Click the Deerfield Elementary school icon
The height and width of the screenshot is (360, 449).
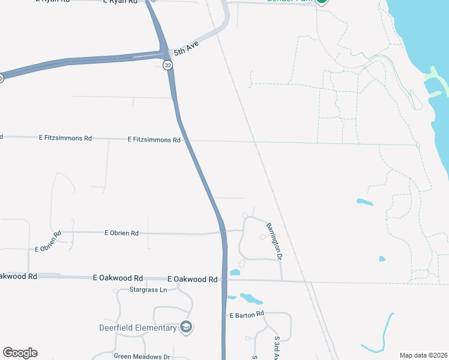coord(186,327)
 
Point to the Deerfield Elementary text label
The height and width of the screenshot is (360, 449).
coord(138,328)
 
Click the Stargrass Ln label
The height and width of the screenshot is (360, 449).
coord(148,290)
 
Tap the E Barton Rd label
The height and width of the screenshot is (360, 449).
coord(247,314)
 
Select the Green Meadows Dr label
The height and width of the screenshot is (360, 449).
coord(142,356)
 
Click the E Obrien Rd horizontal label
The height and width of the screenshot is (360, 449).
coord(122,233)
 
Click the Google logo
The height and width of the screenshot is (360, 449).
coord(20,353)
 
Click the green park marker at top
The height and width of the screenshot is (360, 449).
coord(322,2)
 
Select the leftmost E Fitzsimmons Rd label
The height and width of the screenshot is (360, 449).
coord(65,138)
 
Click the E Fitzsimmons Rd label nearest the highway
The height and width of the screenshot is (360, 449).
coord(154,139)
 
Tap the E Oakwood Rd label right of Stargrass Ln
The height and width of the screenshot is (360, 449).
coord(192,279)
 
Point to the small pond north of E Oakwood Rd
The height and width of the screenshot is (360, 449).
coord(235,272)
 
